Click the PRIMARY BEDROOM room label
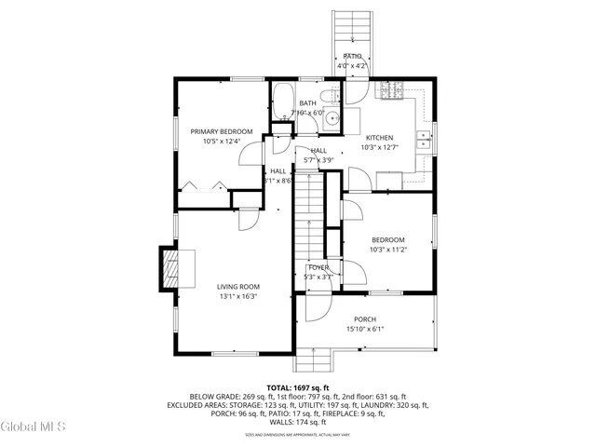[x=222, y=131]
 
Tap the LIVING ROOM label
[x=238, y=286]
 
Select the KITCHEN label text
[x=379, y=136]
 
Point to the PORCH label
[x=364, y=318]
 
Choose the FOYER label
[x=318, y=267]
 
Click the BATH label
[x=307, y=102]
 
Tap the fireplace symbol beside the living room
[x=169, y=269]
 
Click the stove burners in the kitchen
[x=389, y=90]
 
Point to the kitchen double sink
[x=424, y=140]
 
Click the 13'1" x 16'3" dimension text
[x=238, y=296]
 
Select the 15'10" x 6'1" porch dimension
[x=364, y=329]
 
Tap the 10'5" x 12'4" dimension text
[x=222, y=142]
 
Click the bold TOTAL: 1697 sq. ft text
[x=298, y=386]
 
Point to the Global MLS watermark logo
[x=34, y=427]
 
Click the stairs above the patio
[x=352, y=28]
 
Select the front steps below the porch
[x=316, y=359]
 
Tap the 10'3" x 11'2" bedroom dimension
[x=387, y=250]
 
